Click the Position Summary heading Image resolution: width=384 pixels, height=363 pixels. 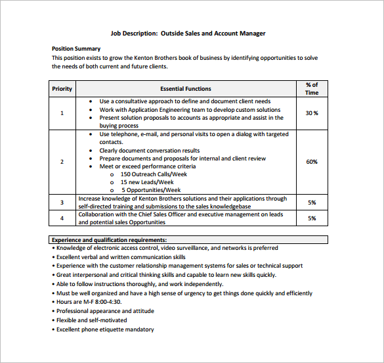point(76,49)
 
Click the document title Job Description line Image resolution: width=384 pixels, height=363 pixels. point(188,34)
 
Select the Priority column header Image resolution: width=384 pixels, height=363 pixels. point(62,89)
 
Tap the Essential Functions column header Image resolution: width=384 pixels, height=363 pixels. point(186,89)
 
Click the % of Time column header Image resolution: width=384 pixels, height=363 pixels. point(312,89)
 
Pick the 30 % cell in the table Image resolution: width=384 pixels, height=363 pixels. point(312,113)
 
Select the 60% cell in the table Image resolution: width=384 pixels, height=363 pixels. point(312,162)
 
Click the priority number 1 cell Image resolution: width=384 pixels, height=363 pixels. point(62,113)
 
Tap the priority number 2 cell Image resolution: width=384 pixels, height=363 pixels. point(62,162)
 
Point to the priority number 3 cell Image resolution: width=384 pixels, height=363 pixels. point(62,203)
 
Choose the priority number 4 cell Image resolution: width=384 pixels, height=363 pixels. point(62,218)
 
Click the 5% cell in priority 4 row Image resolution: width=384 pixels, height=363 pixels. point(312,218)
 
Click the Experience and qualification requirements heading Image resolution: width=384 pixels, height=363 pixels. point(109,240)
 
